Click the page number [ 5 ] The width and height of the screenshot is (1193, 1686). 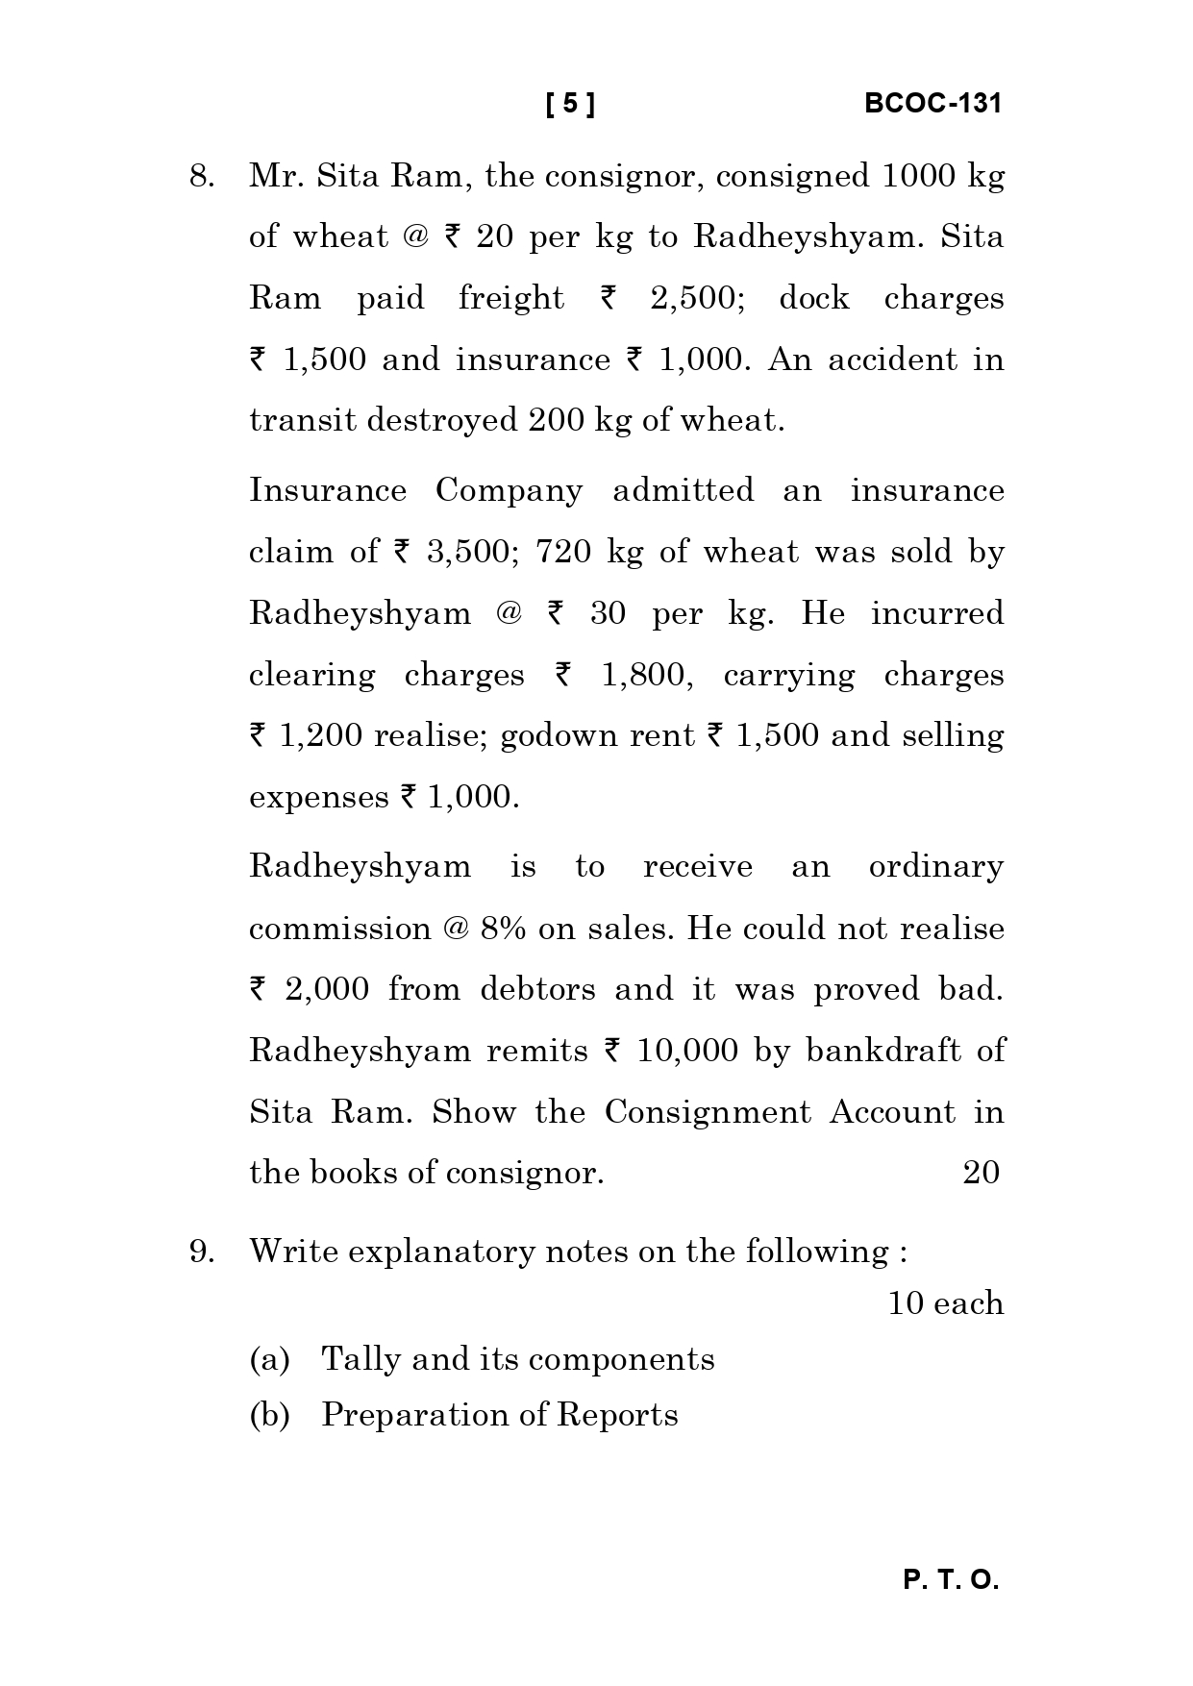570,104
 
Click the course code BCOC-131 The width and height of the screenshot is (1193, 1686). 932,104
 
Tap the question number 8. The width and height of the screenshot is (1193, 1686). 201,177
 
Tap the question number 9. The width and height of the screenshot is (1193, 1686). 201,1252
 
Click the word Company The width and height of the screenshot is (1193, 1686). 509,490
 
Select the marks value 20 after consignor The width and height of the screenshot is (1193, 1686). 981,1173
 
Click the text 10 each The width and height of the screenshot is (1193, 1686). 945,1304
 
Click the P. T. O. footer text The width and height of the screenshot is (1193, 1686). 951,1580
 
